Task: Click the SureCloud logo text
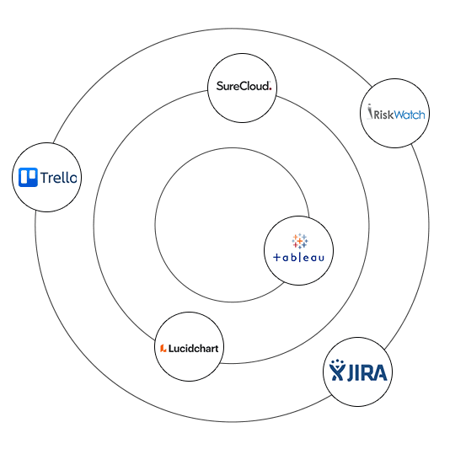point(244,86)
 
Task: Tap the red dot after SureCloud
point(270,89)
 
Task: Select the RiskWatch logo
point(396,112)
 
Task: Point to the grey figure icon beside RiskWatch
point(370,111)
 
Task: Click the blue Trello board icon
point(28,177)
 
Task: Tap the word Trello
point(59,178)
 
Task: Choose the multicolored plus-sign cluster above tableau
point(300,241)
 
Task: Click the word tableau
point(298,257)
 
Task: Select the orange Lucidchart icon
point(163,348)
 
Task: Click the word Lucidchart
point(194,348)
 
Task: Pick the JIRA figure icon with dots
point(337,370)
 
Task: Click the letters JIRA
point(367,372)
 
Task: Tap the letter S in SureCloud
point(220,86)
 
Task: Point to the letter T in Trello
point(45,178)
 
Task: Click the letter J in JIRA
point(351,373)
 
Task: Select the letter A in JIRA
point(380,372)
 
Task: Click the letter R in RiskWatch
point(378,115)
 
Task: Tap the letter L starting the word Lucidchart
point(171,348)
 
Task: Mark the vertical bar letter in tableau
point(299,257)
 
